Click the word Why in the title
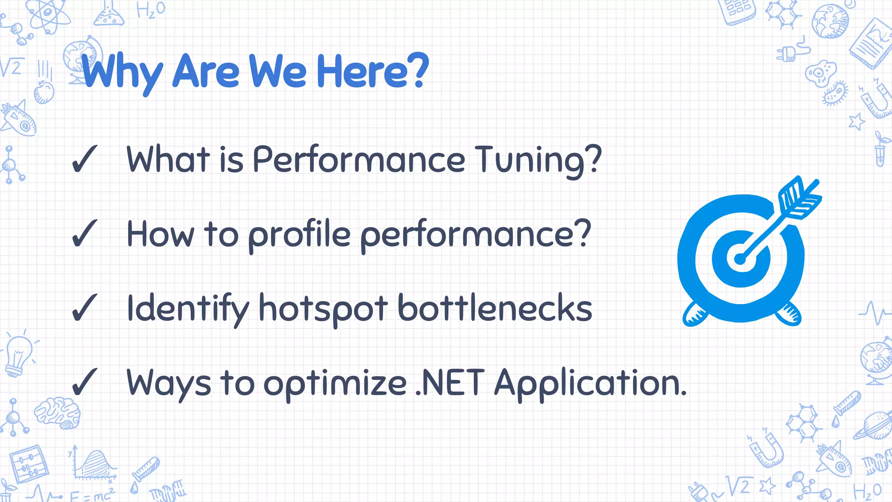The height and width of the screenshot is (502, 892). (x=122, y=72)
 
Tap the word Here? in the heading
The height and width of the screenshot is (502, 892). (x=372, y=71)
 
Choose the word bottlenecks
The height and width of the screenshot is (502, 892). (x=495, y=309)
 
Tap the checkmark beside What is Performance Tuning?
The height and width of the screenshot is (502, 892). (x=84, y=159)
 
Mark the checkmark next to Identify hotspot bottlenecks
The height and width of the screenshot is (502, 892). (x=84, y=308)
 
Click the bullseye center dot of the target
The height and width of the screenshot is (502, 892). (x=740, y=259)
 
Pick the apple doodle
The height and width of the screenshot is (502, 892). (x=44, y=92)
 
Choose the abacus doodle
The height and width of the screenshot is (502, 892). (x=28, y=464)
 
